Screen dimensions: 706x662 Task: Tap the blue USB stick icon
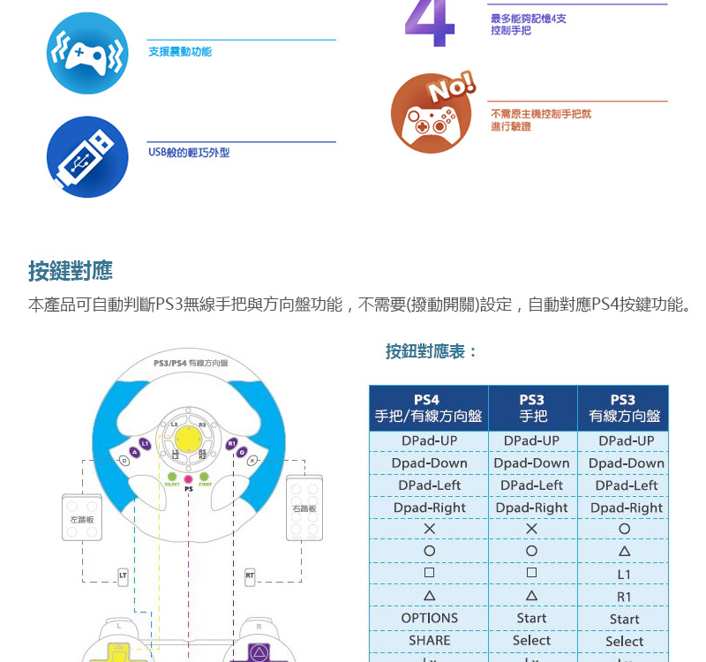click(87, 157)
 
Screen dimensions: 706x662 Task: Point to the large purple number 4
click(430, 26)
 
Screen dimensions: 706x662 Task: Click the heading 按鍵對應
click(71, 270)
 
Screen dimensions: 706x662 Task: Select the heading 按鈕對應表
click(432, 351)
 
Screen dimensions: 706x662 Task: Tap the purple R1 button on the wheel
click(232, 443)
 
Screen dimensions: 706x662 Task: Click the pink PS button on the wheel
click(188, 479)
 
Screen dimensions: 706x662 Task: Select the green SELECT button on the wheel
click(172, 478)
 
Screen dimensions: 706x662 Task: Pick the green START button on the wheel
click(204, 478)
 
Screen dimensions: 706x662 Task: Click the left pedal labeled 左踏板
click(83, 519)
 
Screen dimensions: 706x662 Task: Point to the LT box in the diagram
click(123, 576)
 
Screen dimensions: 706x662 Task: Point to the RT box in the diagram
click(251, 576)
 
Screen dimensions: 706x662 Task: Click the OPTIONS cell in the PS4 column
click(429, 618)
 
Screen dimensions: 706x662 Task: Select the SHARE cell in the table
click(429, 640)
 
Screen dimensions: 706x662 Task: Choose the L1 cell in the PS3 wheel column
click(624, 574)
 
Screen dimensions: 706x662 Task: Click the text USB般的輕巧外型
click(189, 153)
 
